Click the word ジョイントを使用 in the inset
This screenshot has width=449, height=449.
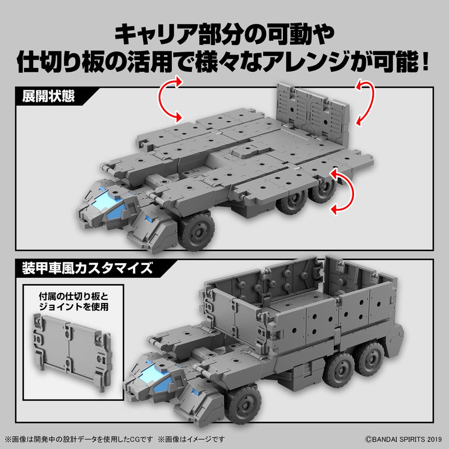tap(73, 306)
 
